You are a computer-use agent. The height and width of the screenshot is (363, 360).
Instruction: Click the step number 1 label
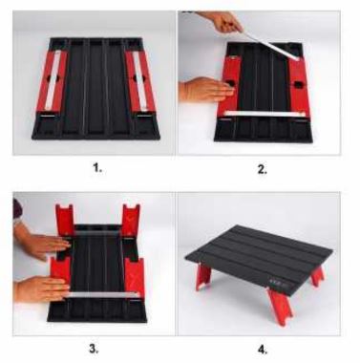[95, 169]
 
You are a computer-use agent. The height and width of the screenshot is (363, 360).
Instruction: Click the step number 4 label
[262, 348]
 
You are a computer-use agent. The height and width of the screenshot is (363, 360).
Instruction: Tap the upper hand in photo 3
[40, 245]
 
